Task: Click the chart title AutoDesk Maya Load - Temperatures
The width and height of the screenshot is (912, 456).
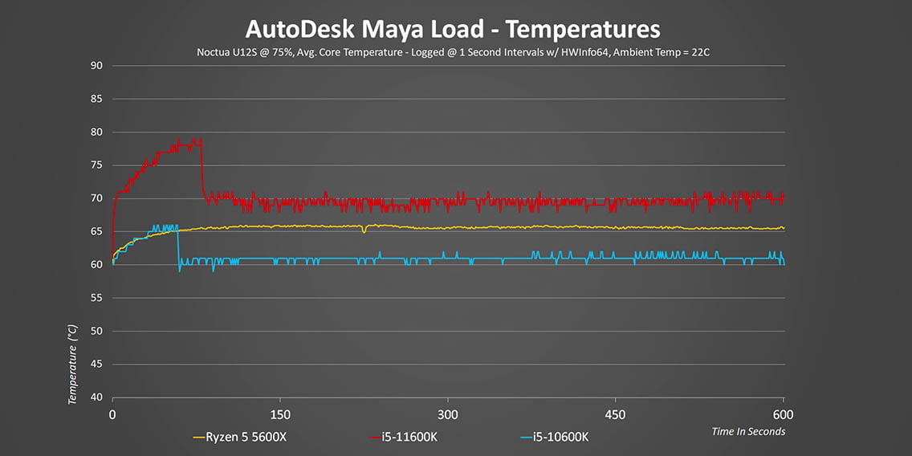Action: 452,30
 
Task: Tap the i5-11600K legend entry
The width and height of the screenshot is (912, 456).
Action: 406,438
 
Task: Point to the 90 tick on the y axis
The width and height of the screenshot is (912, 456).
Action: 96,66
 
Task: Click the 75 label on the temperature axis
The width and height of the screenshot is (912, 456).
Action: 96,165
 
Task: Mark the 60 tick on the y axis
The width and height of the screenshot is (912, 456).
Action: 96,265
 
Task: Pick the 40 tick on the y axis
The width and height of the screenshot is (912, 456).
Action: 96,397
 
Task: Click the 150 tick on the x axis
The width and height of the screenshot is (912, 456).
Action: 280,414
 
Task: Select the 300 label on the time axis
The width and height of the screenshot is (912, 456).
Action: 448,414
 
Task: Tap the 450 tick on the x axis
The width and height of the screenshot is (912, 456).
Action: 615,414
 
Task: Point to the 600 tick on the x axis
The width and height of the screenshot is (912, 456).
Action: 783,414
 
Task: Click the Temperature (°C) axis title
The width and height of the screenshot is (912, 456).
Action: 73,363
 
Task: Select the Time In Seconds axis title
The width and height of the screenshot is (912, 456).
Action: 748,432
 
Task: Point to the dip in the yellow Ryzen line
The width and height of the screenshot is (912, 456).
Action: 364,231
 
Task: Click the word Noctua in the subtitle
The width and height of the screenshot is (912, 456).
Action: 214,52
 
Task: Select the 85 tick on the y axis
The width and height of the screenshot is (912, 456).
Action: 96,100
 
